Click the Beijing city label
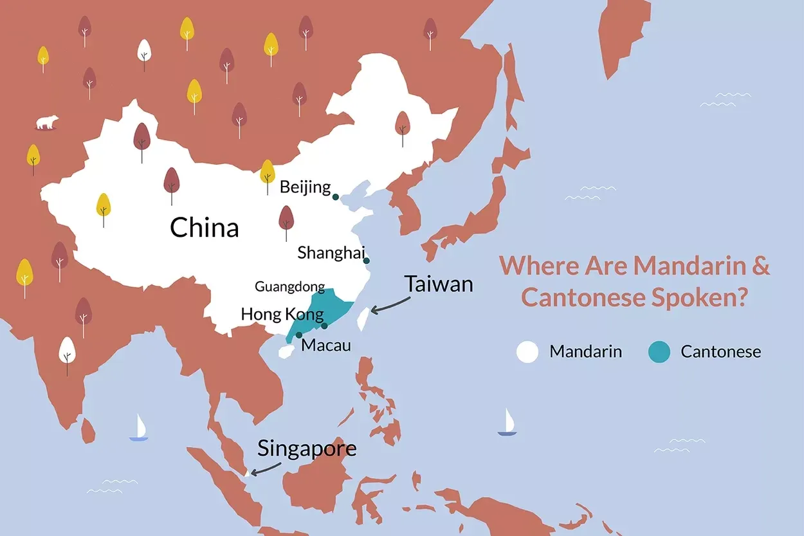pyautogui.click(x=305, y=188)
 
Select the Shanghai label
pyautogui.click(x=331, y=253)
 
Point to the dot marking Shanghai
pyautogui.click(x=367, y=261)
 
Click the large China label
pyautogui.click(x=204, y=228)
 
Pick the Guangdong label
pyautogui.click(x=289, y=287)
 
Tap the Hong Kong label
pyautogui.click(x=282, y=315)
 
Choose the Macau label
pyautogui.click(x=326, y=346)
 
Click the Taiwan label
pyautogui.click(x=439, y=284)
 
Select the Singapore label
pyautogui.click(x=307, y=448)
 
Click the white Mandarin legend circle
pyautogui.click(x=527, y=352)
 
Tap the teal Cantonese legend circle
pyautogui.click(x=659, y=352)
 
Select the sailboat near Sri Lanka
pyautogui.click(x=139, y=428)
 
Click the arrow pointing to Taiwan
pyautogui.click(x=387, y=306)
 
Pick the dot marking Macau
pyautogui.click(x=299, y=335)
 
